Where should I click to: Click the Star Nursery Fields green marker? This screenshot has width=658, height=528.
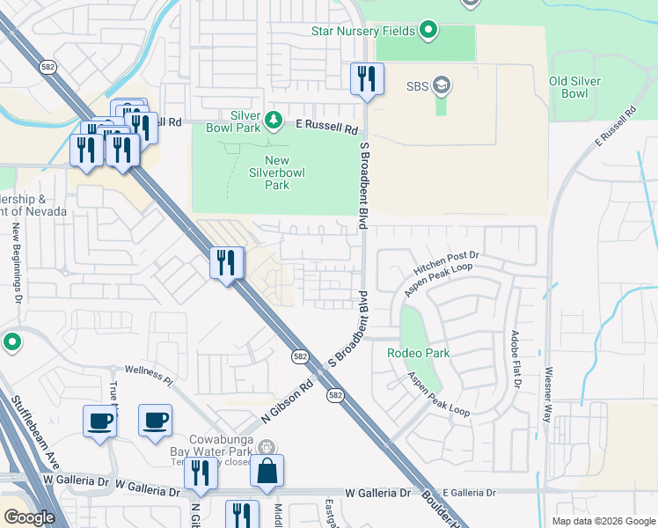[428, 32]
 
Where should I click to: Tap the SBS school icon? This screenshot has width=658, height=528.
[442, 86]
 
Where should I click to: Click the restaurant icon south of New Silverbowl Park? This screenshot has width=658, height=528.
[226, 262]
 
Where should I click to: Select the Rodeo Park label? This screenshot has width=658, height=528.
[419, 353]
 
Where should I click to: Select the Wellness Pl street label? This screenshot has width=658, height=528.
[150, 376]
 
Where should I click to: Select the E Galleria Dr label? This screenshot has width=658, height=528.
[471, 493]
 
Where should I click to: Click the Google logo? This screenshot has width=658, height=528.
[29, 517]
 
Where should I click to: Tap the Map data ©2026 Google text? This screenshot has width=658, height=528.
[603, 521]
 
